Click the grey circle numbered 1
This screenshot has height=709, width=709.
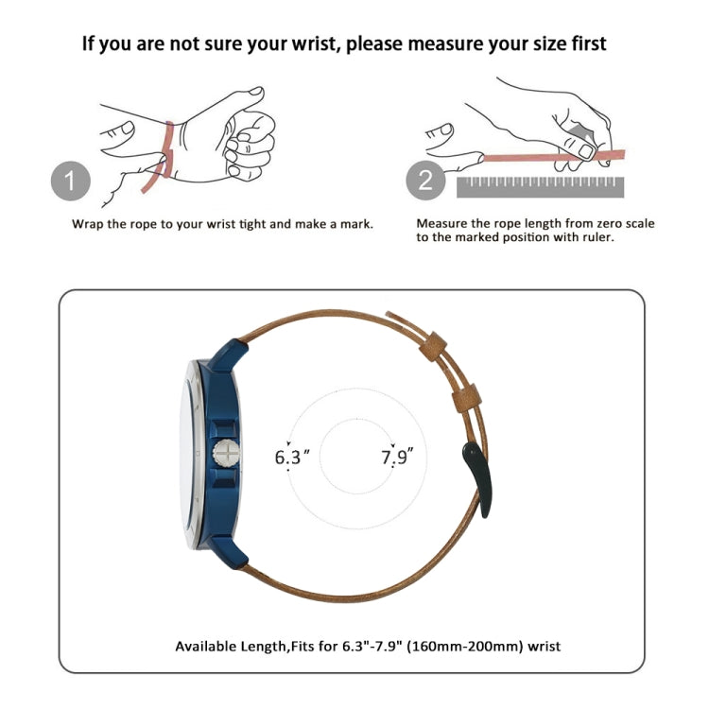(71, 181)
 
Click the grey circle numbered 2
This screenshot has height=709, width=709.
(425, 180)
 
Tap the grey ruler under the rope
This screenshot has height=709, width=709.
(541, 187)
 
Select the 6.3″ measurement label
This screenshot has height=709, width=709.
(292, 457)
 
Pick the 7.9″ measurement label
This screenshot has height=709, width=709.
(397, 457)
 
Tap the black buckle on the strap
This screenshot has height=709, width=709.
(477, 479)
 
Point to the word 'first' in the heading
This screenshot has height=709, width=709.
(588, 43)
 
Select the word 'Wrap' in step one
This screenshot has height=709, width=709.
(88, 224)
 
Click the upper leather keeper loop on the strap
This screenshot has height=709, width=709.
(433, 346)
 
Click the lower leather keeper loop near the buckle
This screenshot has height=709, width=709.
(467, 397)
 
